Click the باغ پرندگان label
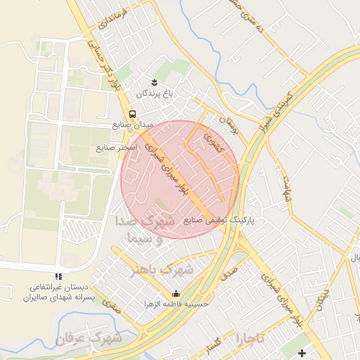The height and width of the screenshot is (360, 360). (x=159, y=92)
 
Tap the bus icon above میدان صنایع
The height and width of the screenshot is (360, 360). (x=133, y=113)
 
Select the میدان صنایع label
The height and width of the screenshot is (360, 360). (x=132, y=124)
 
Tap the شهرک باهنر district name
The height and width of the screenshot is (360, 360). (x=161, y=269)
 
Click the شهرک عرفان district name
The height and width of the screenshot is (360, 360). (x=89, y=339)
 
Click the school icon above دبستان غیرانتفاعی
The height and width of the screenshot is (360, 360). (x=58, y=276)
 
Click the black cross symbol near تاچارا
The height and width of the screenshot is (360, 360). (x=302, y=352)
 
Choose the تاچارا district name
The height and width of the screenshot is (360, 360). (x=250, y=338)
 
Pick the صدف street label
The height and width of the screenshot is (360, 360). (x=230, y=273)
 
